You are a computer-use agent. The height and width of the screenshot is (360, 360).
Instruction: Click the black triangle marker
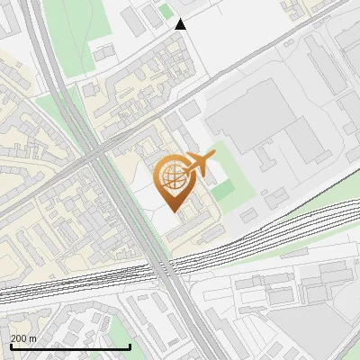(180, 24)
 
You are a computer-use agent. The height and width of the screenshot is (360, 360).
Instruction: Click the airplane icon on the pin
(198, 165)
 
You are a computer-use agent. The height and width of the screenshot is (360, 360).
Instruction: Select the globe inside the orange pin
(172, 176)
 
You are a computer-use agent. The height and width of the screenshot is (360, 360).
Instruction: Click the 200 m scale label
(23, 338)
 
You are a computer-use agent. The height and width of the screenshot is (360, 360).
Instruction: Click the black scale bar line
(69, 346)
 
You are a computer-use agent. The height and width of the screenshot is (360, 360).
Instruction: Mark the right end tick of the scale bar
(130, 346)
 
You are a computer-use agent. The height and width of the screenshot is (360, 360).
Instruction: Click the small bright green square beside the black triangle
(165, 12)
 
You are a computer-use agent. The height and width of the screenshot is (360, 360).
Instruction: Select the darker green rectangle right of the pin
(222, 191)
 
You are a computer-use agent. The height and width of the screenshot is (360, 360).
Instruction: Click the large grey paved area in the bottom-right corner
(315, 333)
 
